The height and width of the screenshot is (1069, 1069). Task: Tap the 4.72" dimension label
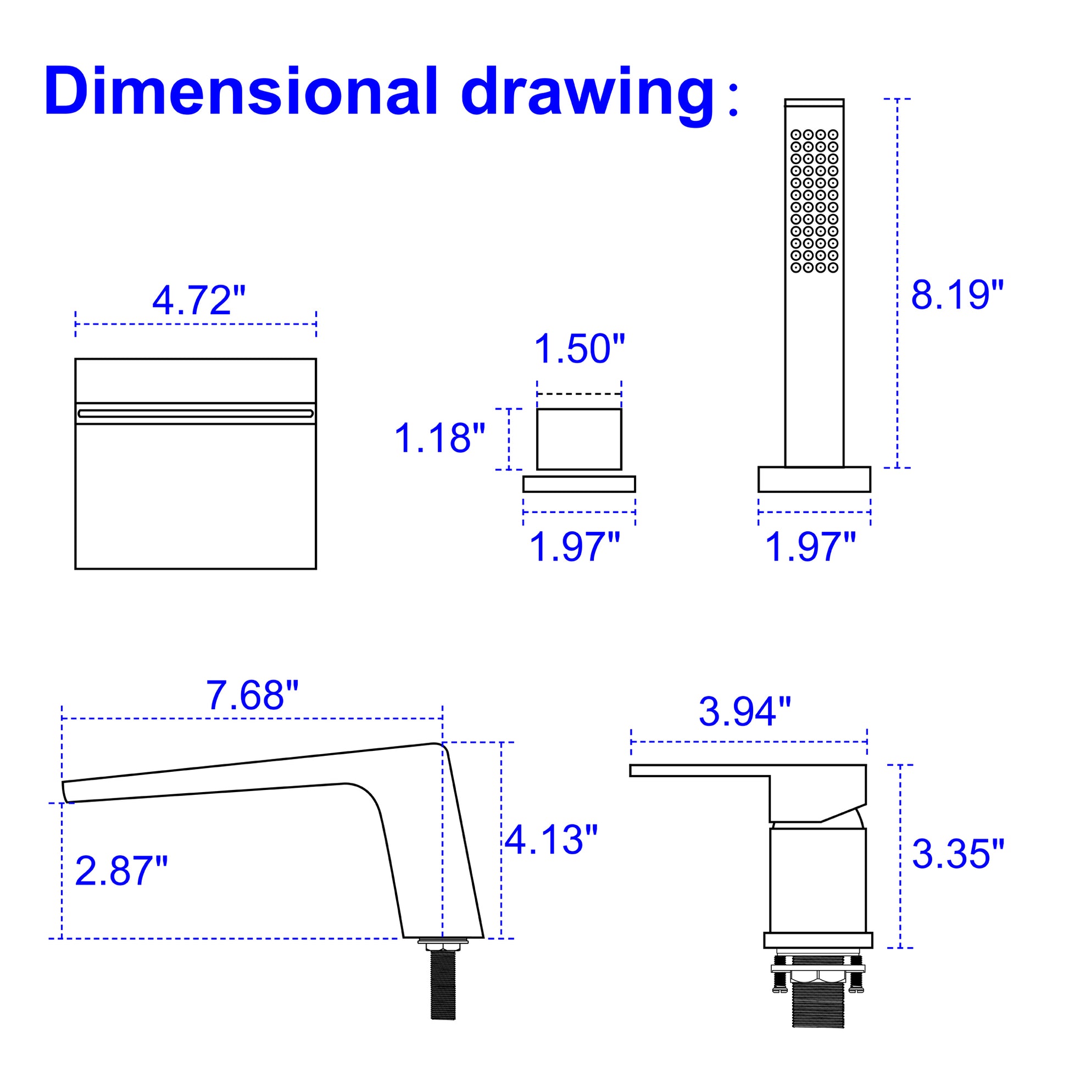click(x=199, y=301)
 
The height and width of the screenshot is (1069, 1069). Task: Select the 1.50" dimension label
click(x=580, y=349)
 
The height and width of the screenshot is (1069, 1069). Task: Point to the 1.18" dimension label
click(x=439, y=438)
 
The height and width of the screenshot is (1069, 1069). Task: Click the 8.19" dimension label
click(x=957, y=294)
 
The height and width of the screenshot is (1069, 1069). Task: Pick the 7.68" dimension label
click(x=252, y=695)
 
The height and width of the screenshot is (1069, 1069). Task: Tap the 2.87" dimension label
click(x=121, y=870)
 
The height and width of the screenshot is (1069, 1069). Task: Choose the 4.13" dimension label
click(x=551, y=839)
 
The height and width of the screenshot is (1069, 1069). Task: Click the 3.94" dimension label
click(x=745, y=711)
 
